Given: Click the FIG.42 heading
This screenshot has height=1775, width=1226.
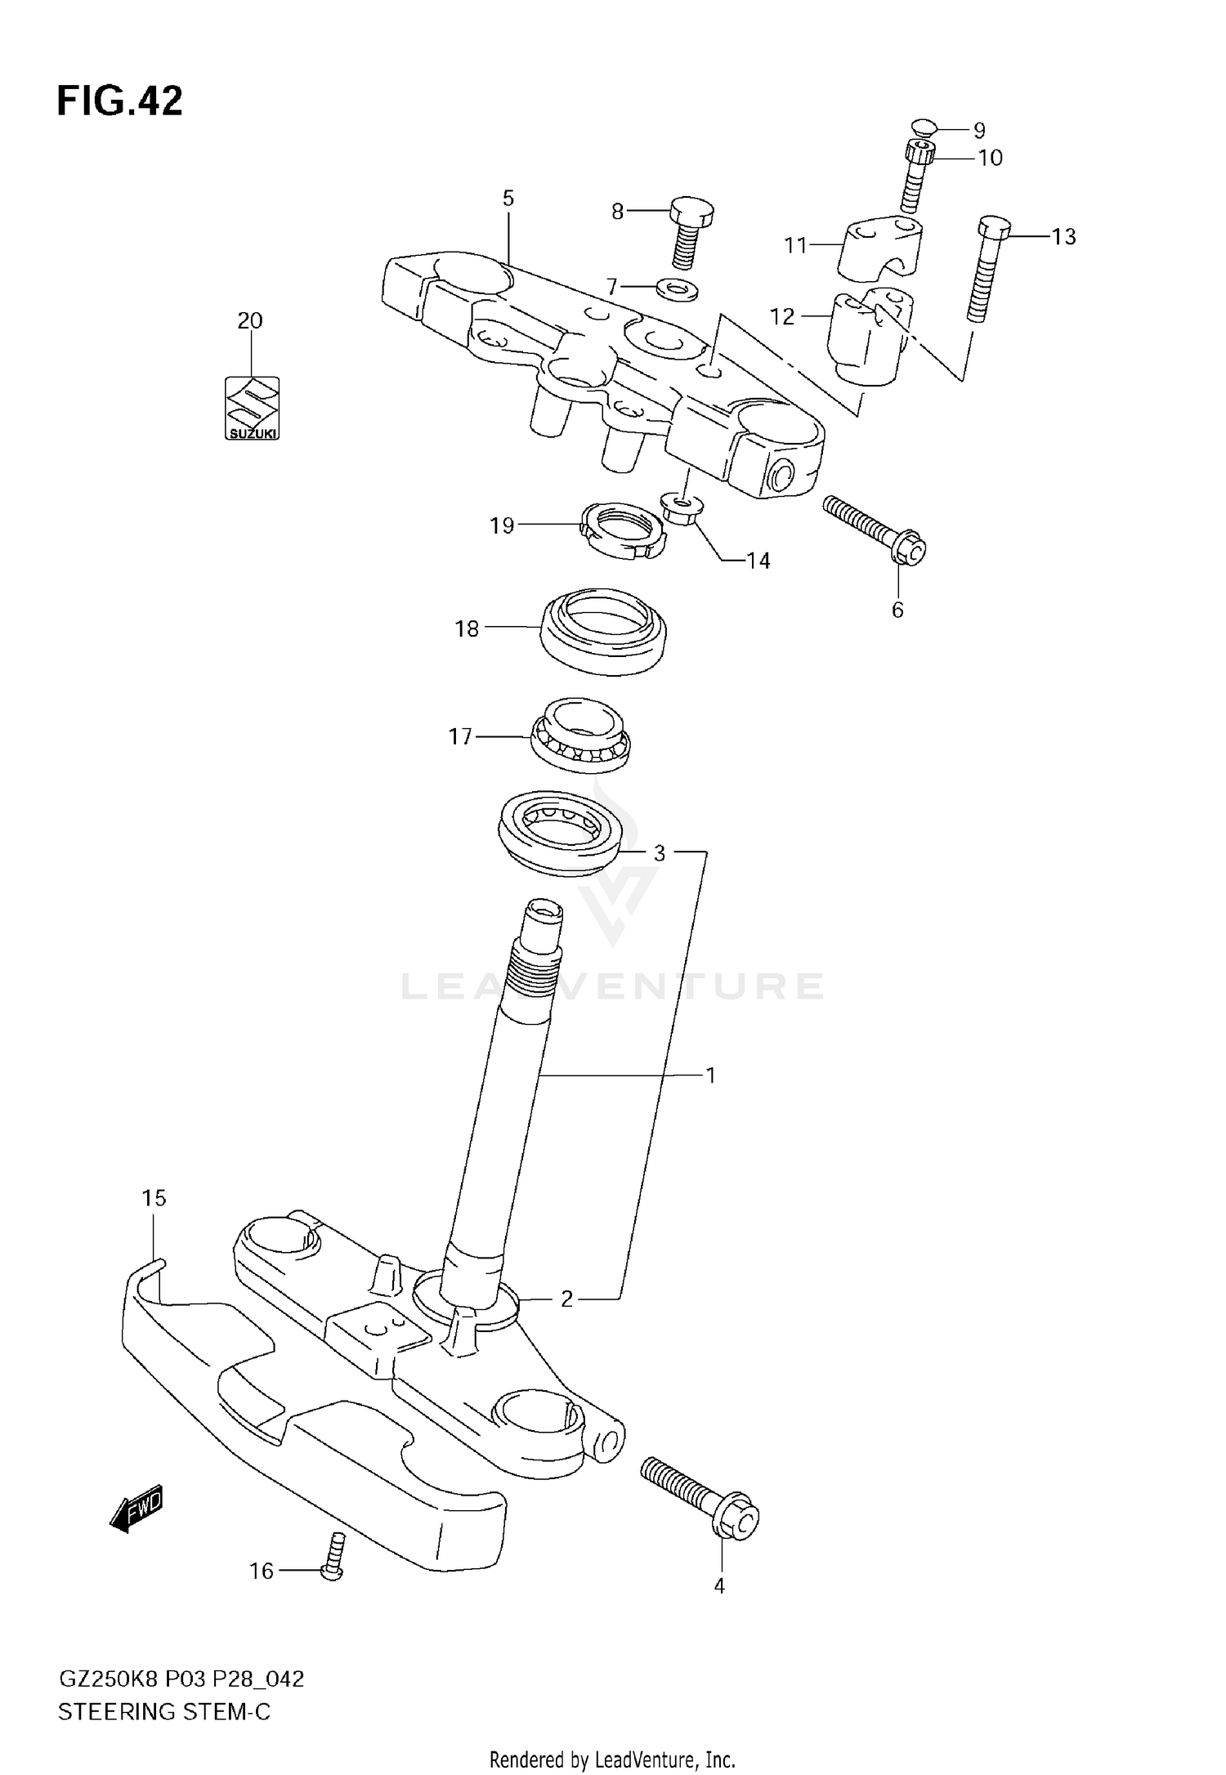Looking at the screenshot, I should [x=119, y=101].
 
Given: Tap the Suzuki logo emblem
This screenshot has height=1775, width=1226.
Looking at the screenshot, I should [x=252, y=407].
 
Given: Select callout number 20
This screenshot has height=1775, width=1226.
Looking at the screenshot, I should [x=250, y=320].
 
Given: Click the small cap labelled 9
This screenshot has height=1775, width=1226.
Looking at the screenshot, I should [x=923, y=127].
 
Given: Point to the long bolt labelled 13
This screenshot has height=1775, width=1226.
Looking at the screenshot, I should [x=985, y=270].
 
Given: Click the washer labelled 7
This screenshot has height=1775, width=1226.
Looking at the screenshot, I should [x=678, y=288].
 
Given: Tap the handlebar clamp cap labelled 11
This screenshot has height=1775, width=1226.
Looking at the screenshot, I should [x=880, y=244].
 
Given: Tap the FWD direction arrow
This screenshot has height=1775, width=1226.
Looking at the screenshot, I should [x=137, y=1505].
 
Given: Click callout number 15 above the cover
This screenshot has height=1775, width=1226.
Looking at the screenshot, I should [x=154, y=1198].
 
